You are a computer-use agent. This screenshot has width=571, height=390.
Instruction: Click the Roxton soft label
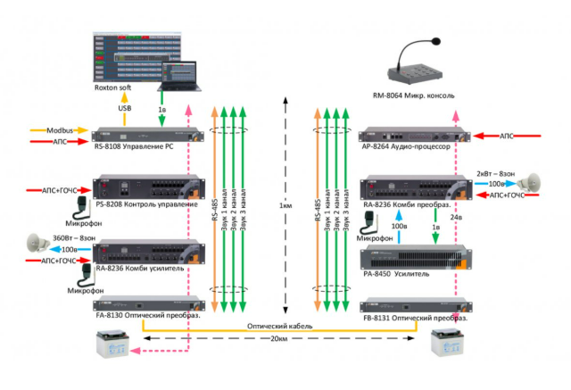[118, 88]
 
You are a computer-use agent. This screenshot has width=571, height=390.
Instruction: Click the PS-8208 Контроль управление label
[146, 205]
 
